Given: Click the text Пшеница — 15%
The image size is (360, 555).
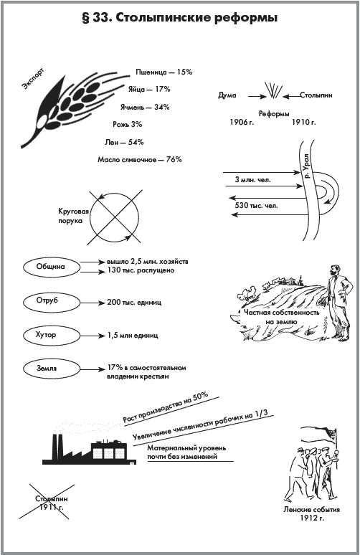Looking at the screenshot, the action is [164, 72].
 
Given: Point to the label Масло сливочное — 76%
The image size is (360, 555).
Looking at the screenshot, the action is [140, 160].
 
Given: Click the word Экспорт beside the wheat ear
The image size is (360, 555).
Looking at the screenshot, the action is [33, 79].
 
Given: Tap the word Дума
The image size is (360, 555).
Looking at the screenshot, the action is [227, 95].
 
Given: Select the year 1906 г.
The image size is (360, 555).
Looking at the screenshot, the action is [242, 123].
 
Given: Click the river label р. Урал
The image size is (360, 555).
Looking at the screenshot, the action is [306, 166].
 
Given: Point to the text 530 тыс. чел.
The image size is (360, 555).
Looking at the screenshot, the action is [256, 205].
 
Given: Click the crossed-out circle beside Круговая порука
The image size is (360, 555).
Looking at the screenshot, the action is [114, 217].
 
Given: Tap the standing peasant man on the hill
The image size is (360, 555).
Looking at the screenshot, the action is [338, 303].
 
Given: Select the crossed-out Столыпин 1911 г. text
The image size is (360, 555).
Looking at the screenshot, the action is [52, 503].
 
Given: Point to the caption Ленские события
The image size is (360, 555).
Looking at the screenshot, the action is [311, 510].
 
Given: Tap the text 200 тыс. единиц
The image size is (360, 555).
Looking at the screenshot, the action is [134, 303].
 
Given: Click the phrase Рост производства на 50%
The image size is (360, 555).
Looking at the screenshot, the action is [166, 408].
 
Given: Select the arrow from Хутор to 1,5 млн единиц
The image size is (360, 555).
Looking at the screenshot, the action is [91, 336].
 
